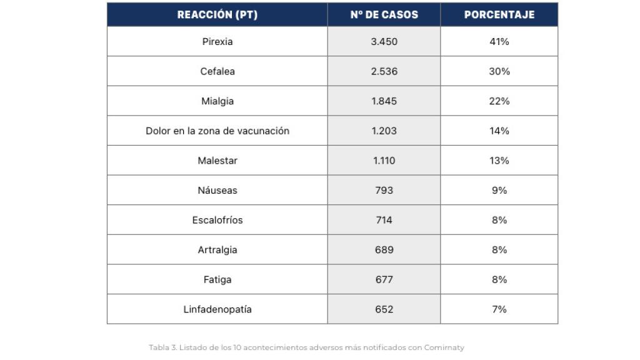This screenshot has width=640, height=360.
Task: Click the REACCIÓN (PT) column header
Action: click(x=217, y=15)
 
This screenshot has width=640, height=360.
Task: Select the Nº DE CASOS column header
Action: click(x=384, y=15)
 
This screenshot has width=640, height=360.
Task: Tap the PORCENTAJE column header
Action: click(x=499, y=15)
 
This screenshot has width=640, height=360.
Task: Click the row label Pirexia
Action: click(x=217, y=42)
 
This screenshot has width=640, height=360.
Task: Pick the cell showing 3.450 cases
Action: click(x=384, y=42)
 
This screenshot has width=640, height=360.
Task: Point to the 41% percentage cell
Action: click(x=499, y=42)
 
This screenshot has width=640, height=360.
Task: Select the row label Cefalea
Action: click(x=217, y=71)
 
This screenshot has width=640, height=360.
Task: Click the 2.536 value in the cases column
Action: click(x=384, y=71)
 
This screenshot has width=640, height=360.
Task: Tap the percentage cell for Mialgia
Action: click(x=499, y=101)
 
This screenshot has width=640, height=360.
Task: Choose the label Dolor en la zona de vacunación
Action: click(x=217, y=131)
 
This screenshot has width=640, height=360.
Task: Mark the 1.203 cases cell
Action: click(x=384, y=131)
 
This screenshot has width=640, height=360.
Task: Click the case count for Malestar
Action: click(x=384, y=161)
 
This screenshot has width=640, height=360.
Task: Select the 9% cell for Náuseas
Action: click(x=499, y=191)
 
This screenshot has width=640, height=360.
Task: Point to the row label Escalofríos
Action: click(x=217, y=220)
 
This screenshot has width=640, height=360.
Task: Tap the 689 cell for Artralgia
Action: click(x=384, y=250)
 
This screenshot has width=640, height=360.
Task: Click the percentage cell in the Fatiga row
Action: click(x=499, y=279)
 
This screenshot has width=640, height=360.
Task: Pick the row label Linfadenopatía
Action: click(x=217, y=309)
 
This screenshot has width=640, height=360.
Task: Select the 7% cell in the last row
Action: click(x=499, y=309)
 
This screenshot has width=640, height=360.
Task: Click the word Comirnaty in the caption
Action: click(x=444, y=347)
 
